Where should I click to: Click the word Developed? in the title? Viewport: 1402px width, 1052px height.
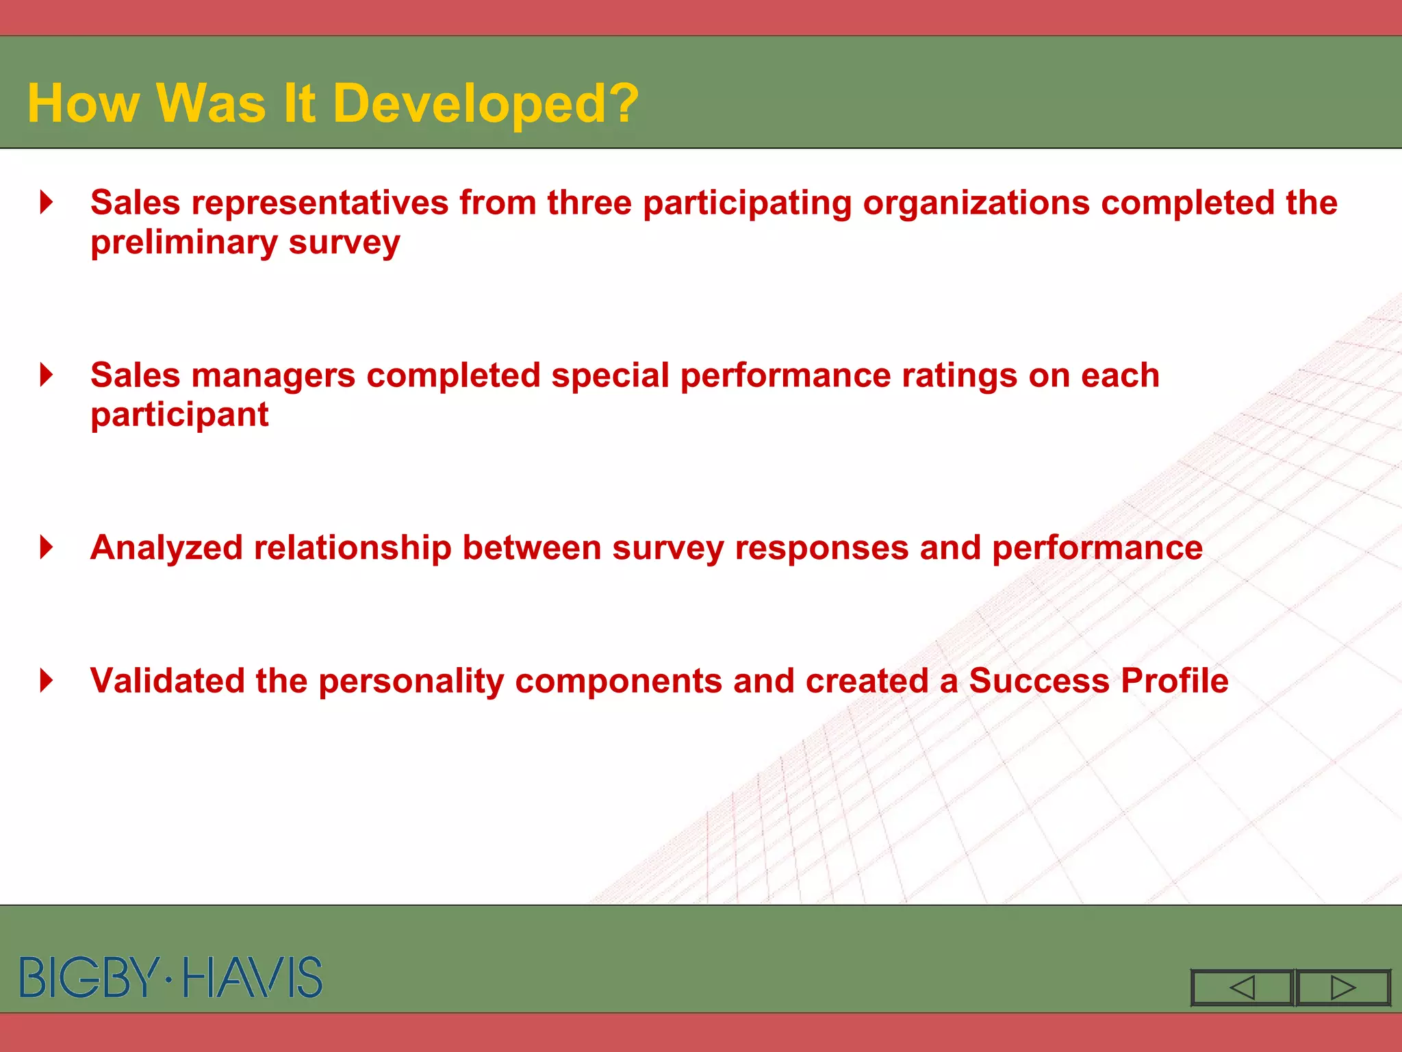(485, 104)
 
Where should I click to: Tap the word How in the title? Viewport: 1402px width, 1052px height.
(83, 104)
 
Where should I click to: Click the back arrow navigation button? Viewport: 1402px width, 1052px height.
(1242, 988)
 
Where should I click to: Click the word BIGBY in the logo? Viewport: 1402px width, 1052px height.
(89, 977)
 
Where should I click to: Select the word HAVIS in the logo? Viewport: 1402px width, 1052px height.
(253, 977)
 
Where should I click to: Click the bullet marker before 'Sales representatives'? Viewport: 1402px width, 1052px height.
(47, 202)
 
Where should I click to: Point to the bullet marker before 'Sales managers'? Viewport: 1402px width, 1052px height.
(47, 375)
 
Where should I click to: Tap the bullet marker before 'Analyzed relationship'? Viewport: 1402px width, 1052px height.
(47, 547)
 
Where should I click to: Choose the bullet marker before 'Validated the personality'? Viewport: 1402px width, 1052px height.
(47, 680)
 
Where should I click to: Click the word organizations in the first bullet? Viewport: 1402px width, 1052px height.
(976, 203)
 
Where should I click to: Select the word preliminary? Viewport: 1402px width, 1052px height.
(183, 243)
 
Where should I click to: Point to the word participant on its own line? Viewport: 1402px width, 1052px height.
(179, 416)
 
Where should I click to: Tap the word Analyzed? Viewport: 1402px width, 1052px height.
(166, 549)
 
